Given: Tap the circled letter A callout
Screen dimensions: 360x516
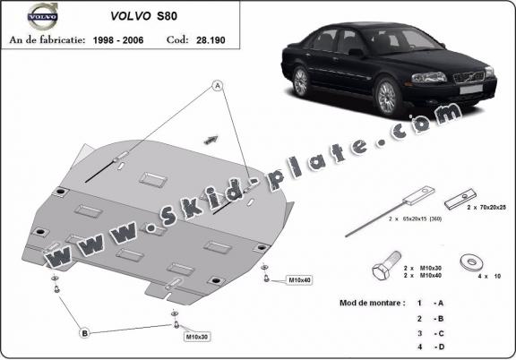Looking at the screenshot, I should [x=217, y=86].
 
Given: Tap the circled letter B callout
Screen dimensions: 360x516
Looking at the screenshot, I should [x=85, y=333].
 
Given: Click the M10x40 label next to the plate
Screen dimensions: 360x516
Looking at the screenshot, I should [x=299, y=281].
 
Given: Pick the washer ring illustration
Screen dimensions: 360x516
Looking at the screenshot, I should [x=469, y=263].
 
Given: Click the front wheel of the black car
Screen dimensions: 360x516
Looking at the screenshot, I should [x=388, y=95].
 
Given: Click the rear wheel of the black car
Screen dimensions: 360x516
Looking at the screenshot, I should [x=301, y=81].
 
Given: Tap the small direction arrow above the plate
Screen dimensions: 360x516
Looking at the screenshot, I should [x=212, y=138].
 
